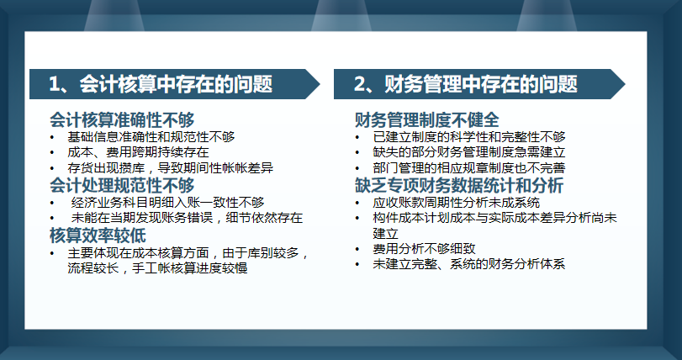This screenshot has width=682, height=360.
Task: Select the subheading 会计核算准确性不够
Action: (122, 119)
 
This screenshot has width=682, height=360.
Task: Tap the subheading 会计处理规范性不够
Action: (122, 184)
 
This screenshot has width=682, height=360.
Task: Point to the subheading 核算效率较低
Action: (98, 235)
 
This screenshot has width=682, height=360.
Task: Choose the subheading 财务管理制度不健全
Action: (427, 119)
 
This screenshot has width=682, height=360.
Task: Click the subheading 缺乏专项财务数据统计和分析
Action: (459, 185)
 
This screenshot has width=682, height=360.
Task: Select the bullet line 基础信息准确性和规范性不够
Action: (151, 136)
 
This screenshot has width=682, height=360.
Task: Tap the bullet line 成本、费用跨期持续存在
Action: (139, 152)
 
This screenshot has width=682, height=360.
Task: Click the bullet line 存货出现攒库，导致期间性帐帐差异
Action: (171, 168)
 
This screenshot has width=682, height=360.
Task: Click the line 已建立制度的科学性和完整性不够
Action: (469, 136)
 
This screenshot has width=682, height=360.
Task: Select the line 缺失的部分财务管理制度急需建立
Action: (469, 152)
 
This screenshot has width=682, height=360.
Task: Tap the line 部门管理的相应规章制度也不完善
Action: (469, 168)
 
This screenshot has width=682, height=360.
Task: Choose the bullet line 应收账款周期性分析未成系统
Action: (457, 202)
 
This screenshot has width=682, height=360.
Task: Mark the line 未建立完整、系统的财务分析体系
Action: (469, 265)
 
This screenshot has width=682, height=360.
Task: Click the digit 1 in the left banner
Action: (56, 84)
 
